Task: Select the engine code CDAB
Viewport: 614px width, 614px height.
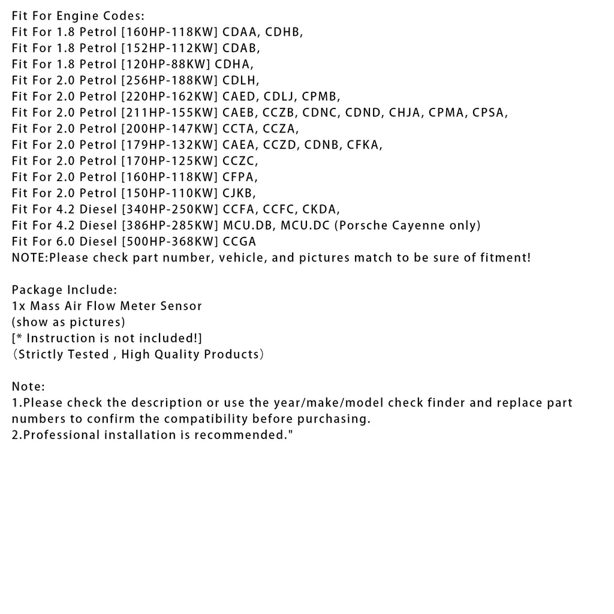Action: tap(240, 47)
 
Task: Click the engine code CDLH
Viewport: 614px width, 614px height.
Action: tap(240, 80)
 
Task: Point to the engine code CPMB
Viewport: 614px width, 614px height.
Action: tap(321, 96)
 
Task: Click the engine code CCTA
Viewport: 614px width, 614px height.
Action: tap(239, 128)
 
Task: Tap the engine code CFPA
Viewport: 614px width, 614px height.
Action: tap(239, 177)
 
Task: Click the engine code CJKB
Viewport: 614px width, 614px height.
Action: tap(238, 193)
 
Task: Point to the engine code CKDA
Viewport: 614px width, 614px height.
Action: tap(320, 209)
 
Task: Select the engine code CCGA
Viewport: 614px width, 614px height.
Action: tap(239, 242)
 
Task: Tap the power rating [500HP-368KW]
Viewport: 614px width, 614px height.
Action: tap(169, 242)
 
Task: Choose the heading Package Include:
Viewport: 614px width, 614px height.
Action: tap(64, 290)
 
